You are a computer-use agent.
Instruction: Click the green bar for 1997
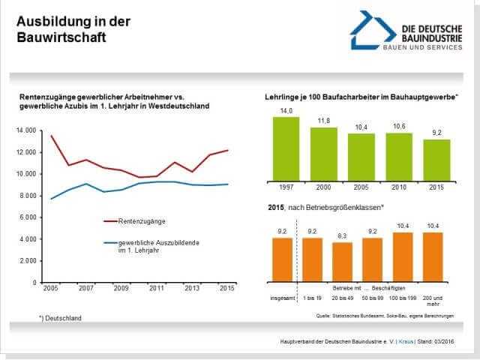tap(286, 148)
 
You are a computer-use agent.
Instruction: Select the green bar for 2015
tap(437, 160)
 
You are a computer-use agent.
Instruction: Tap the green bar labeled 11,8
tap(323, 154)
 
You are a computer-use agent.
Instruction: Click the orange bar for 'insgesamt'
tap(282, 259)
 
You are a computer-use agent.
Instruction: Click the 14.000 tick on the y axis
tap(25, 130)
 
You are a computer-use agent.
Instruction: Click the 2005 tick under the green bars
tap(361, 187)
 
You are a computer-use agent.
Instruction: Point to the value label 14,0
tap(286, 111)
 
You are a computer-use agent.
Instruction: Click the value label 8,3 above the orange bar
tap(342, 236)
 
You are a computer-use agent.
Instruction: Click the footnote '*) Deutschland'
tap(60, 318)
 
